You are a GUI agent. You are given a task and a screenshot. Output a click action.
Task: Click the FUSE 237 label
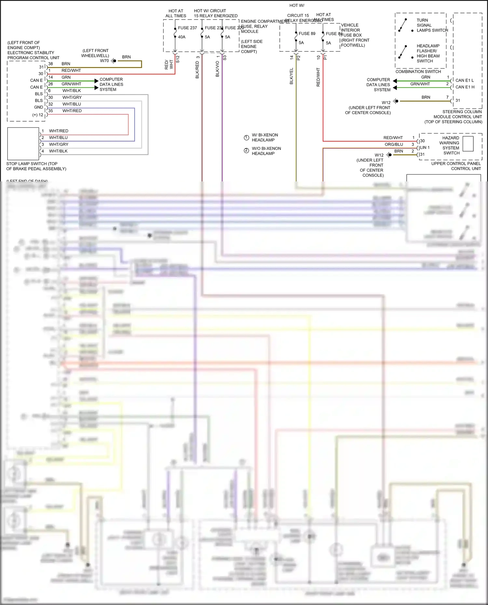[187, 28]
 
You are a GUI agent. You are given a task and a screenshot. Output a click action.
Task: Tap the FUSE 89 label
[307, 33]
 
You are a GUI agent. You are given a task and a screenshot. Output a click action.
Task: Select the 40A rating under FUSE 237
[182, 37]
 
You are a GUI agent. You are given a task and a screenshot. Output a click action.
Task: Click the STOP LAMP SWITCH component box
[23, 144]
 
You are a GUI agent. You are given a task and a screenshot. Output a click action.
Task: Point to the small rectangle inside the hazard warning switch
[468, 143]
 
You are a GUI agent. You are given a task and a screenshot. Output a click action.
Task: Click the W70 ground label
[104, 61]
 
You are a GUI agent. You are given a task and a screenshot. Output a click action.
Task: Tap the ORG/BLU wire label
[394, 144]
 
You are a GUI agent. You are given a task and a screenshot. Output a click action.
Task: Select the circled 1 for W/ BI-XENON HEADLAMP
[246, 138]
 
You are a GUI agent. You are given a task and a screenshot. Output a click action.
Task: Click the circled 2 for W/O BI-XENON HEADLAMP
[246, 151]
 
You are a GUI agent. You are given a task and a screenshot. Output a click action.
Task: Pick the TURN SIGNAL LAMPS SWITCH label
[432, 25]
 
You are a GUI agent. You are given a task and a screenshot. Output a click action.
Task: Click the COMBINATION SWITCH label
[418, 72]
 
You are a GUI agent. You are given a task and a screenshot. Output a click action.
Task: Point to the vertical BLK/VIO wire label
[217, 69]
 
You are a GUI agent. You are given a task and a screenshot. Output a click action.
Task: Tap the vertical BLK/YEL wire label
[291, 76]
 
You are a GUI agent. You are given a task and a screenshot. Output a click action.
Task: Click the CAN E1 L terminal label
[464, 80]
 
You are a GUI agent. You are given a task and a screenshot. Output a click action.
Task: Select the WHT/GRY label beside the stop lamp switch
[59, 144]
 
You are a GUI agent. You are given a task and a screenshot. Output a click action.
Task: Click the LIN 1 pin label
[425, 148]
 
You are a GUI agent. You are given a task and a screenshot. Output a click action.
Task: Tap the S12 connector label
[178, 59]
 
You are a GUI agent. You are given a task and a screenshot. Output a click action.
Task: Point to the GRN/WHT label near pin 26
[71, 84]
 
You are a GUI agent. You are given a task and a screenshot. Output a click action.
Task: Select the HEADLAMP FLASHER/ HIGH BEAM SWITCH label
[428, 53]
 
